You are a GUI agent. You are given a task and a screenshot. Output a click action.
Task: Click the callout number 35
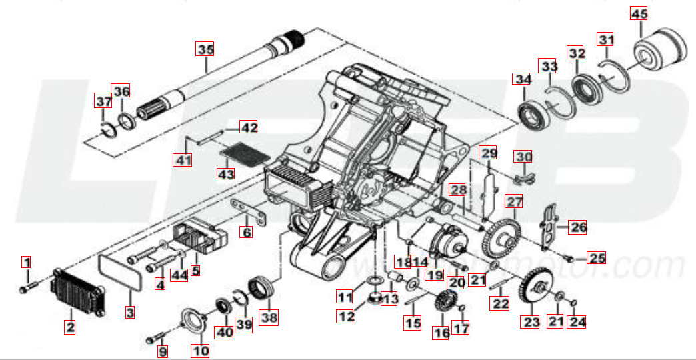click(x=205, y=49)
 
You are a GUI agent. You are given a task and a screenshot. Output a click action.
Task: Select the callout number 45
click(x=639, y=14)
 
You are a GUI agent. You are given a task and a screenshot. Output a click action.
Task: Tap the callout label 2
click(x=69, y=327)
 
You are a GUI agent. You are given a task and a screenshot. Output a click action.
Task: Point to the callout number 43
click(x=226, y=174)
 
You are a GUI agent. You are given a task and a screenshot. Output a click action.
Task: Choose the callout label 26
click(x=577, y=227)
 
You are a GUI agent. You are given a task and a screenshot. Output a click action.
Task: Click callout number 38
click(x=269, y=317)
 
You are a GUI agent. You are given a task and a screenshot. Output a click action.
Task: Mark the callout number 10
click(x=201, y=350)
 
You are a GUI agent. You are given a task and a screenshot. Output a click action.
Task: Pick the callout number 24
click(x=577, y=322)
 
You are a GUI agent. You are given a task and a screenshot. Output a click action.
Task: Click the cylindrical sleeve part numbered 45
click(x=660, y=51)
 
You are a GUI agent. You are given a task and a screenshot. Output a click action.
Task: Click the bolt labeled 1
click(x=24, y=289)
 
